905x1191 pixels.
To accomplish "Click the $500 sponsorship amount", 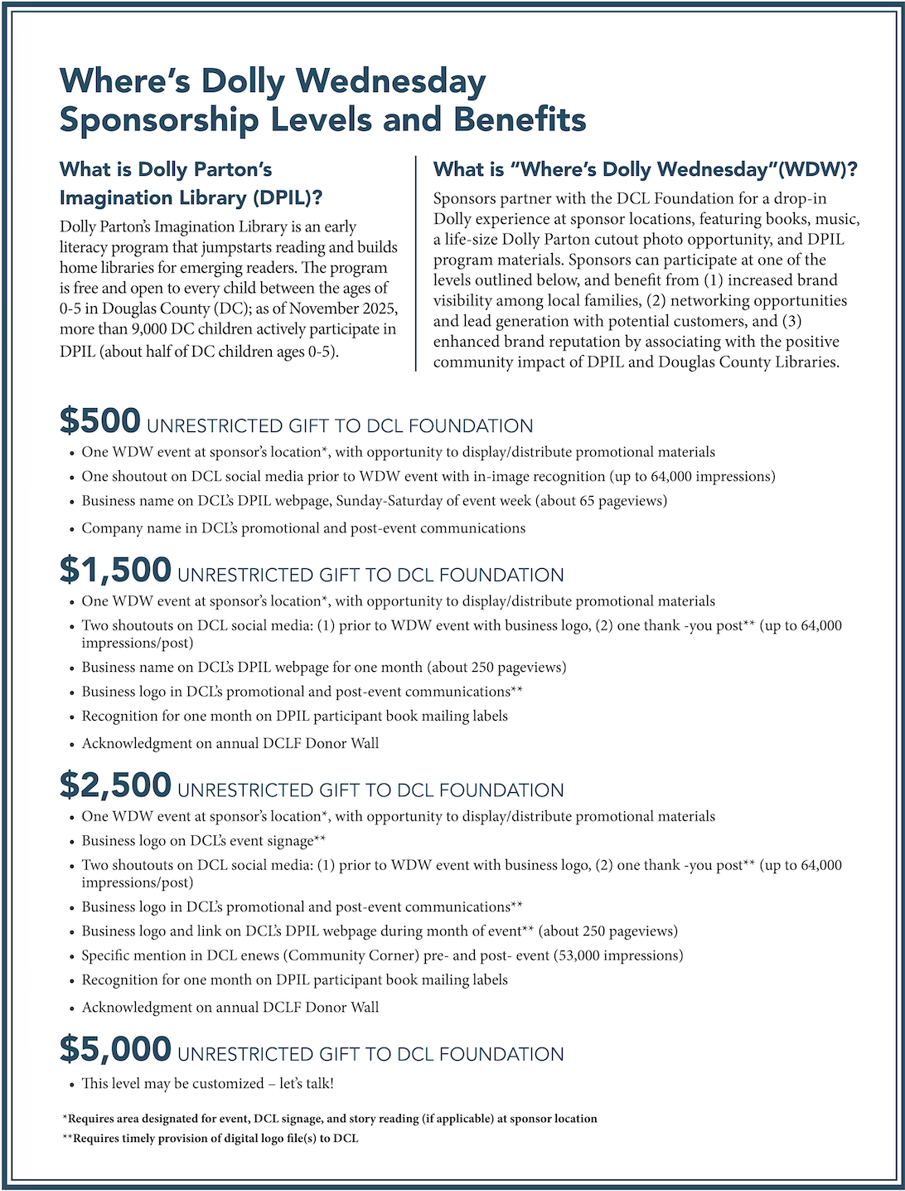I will (99, 420).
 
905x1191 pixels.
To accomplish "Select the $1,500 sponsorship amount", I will (115, 570).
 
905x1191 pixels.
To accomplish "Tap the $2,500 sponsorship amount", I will (115, 785).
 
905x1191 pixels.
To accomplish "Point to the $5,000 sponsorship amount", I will (115, 1049).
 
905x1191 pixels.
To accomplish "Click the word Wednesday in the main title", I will (390, 81).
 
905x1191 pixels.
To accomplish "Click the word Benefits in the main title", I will (520, 119).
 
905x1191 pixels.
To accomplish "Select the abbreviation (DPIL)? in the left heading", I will (288, 198).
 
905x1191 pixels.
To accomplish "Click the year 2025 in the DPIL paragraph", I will (380, 309).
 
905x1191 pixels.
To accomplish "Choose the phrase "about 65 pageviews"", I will (598, 501).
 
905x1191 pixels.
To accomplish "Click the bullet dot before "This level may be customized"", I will (71, 1084).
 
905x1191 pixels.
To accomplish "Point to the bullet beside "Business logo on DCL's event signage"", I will (71, 842).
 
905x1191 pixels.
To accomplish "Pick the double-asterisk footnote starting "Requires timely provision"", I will (211, 1139).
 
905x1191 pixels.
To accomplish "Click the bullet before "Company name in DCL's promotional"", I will (71, 529).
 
